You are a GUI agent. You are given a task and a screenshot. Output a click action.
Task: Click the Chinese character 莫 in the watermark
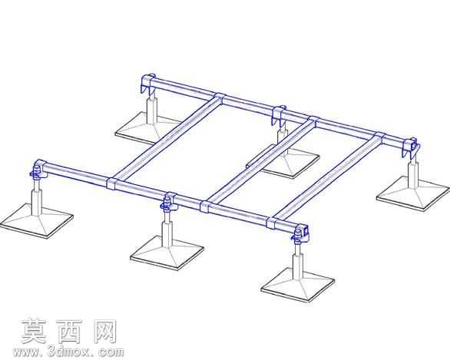[x=34, y=332]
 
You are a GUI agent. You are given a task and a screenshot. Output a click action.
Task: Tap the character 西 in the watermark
[x=69, y=332]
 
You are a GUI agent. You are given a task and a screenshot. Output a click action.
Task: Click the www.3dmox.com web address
[x=68, y=352]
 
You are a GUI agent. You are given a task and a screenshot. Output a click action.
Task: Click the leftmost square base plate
[x=36, y=220]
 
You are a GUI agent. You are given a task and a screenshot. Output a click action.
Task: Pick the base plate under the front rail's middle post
[x=167, y=253]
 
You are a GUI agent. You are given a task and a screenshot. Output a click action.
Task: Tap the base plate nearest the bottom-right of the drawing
[x=298, y=285]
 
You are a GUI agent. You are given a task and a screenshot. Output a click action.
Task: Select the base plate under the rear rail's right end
[x=413, y=194]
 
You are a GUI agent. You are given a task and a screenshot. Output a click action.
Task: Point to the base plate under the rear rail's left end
[x=147, y=128]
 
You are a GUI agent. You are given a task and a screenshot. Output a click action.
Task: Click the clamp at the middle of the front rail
[x=168, y=201]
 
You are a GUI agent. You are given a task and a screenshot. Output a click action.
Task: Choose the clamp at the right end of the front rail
[x=300, y=233]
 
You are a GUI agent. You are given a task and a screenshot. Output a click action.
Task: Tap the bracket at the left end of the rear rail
[x=148, y=83]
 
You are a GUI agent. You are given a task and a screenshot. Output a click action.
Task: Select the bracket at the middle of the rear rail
[x=279, y=115]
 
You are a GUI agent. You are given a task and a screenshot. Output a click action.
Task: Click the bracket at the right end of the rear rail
[x=410, y=147]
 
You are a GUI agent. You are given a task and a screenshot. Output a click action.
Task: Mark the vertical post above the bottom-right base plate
[x=298, y=261]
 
